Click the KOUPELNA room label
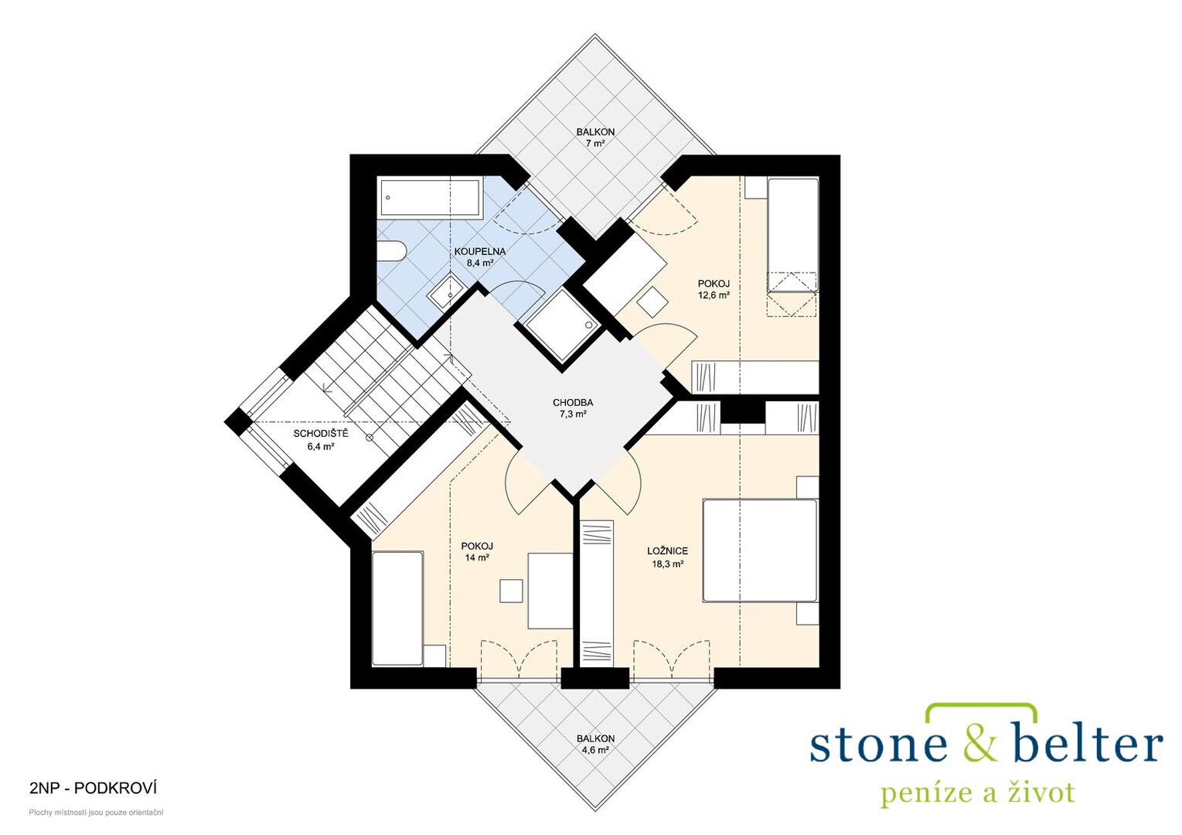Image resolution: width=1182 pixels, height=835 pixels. tap(479, 252)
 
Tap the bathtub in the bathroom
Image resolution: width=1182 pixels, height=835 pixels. tap(431, 198)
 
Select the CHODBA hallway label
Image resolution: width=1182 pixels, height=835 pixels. tap(573, 404)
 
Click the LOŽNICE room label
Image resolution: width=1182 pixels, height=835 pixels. tap(667, 551)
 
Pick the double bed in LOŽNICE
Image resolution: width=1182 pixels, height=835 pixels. tap(761, 550)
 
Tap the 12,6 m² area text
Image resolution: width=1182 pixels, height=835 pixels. tap(714, 295)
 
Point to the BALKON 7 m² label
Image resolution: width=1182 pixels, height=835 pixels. tap(595, 137)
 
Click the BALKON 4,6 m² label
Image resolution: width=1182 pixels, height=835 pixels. tap(595, 745)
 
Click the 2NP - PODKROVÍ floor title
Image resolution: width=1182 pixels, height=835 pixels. tap(94, 789)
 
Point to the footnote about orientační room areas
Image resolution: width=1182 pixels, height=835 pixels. tap(96, 813)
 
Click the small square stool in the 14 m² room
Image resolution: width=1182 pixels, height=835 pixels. tap(511, 590)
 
